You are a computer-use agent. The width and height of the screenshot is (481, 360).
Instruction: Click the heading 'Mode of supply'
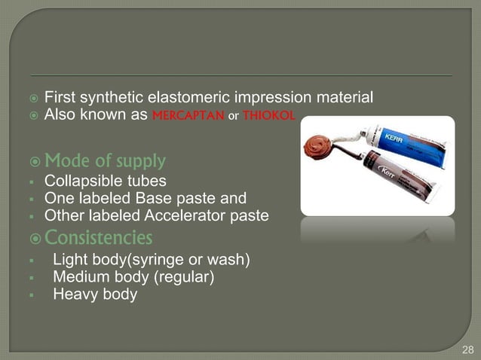click(x=105, y=161)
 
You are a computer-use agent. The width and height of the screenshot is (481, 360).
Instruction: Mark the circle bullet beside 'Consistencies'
click(x=33, y=239)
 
